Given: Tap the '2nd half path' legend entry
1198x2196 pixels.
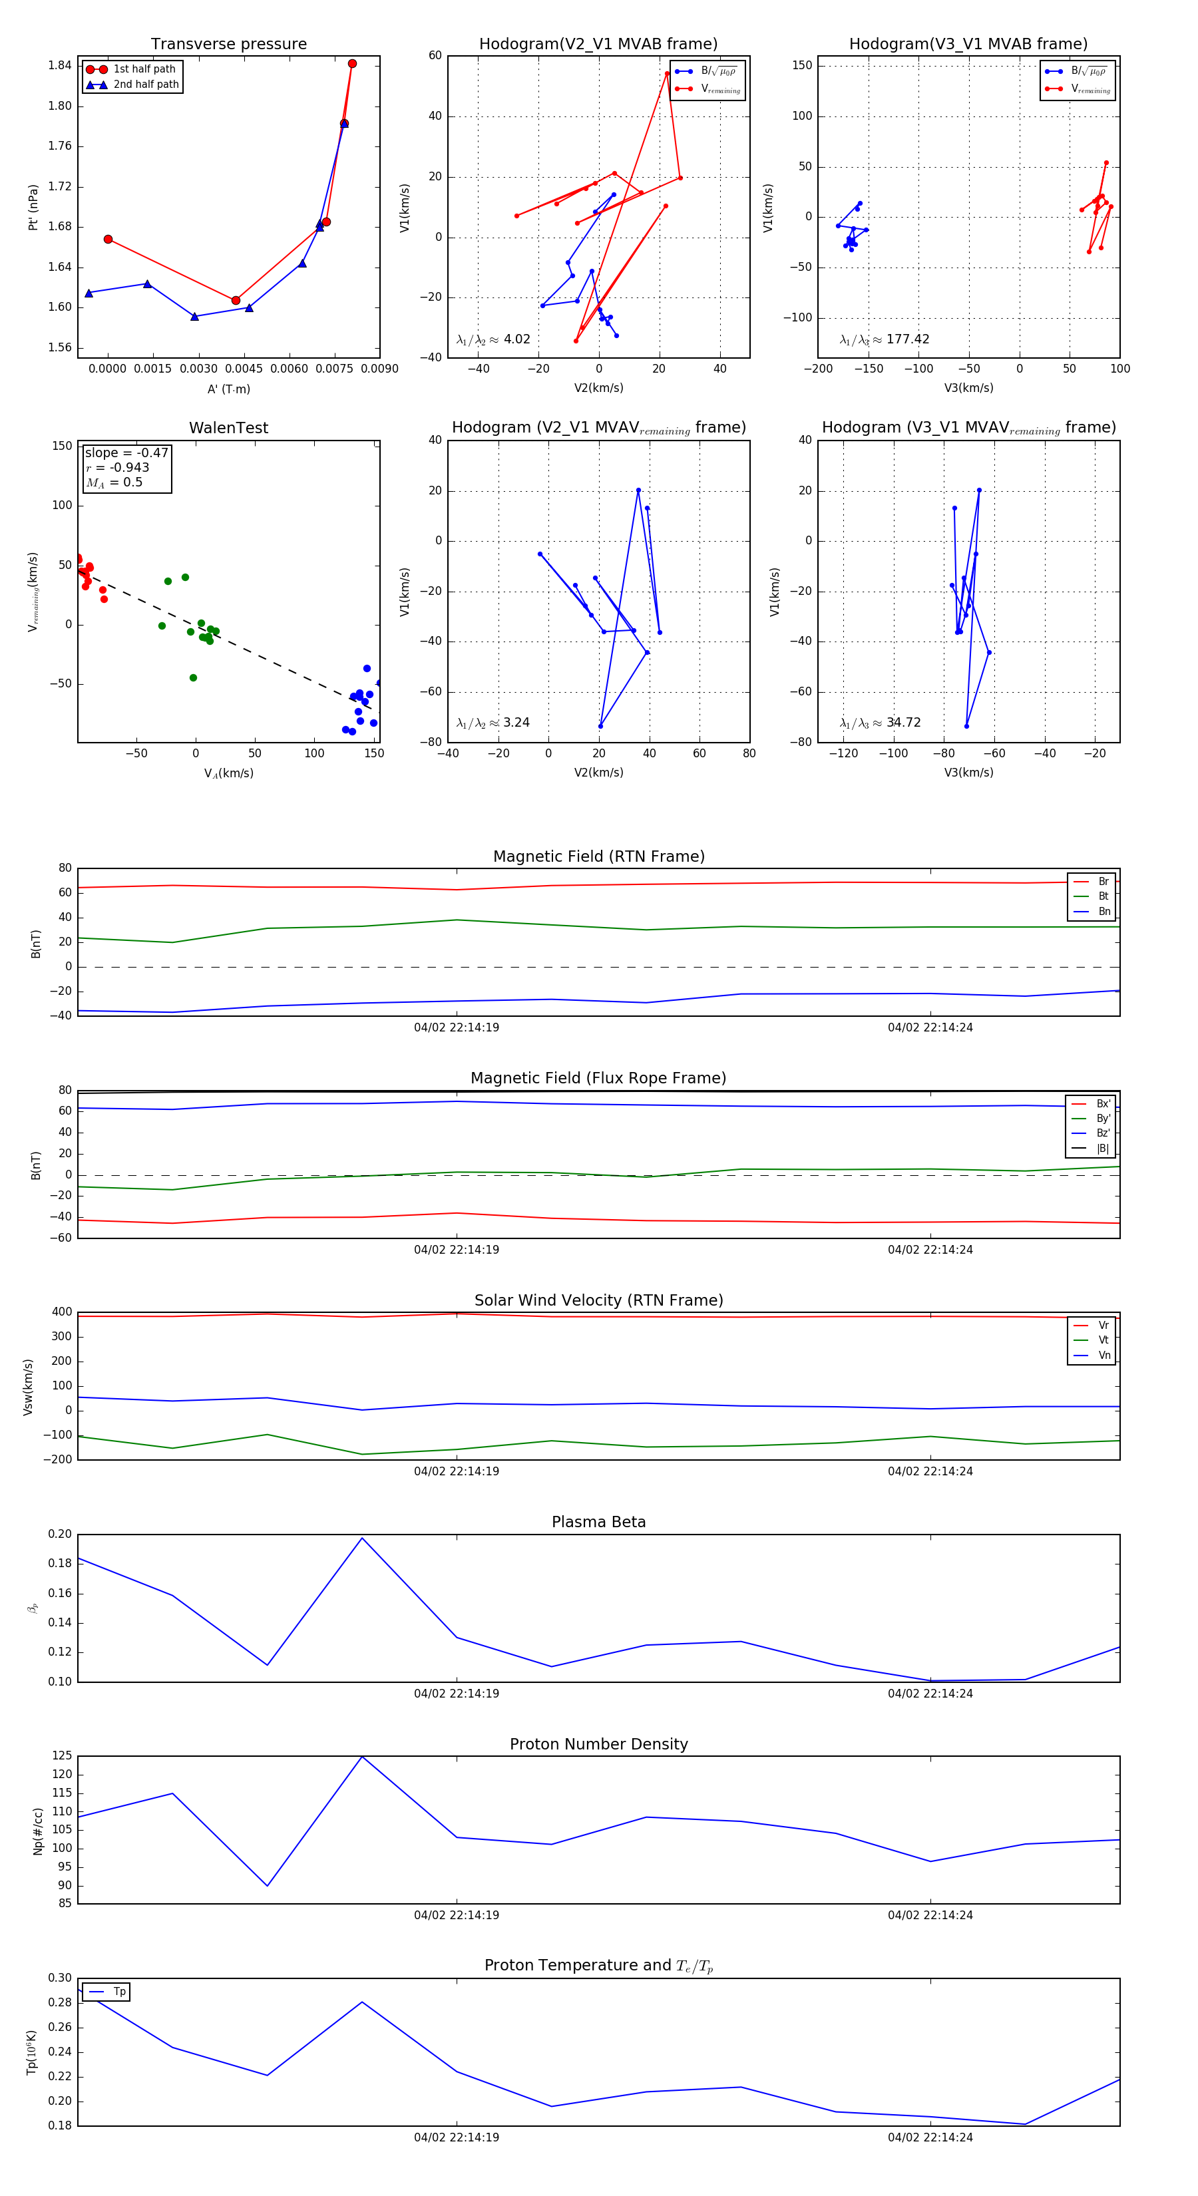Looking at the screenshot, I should pos(146,85).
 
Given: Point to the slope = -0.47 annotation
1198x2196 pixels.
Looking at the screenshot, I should pos(126,453).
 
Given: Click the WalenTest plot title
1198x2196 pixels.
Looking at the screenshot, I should pos(228,428).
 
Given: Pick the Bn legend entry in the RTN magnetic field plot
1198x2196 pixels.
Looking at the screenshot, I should pos(1103,911).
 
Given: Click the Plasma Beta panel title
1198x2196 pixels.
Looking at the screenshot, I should pos(598,1522).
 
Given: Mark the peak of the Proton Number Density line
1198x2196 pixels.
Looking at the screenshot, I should pos(362,1756).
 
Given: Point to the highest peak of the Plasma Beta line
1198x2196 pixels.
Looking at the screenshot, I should pos(362,1538).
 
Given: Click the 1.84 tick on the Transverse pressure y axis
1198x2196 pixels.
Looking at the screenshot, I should pos(60,66).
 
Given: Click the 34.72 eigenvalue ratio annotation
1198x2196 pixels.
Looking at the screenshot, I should pos(903,723).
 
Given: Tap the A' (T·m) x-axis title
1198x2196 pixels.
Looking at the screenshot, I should pos(228,389).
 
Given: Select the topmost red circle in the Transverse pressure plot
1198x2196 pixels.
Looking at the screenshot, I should pos(352,64).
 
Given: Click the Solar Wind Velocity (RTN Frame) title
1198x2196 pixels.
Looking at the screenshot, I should pos(598,1300).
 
